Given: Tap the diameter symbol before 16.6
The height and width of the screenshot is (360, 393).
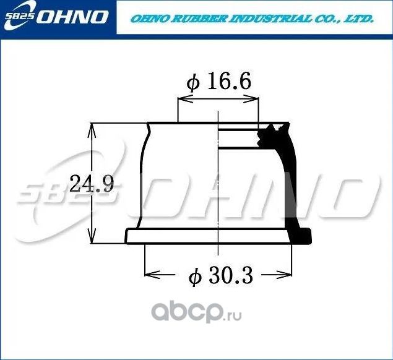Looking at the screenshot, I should coord(194,83).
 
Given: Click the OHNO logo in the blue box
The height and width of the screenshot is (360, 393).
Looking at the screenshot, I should coord(73,16).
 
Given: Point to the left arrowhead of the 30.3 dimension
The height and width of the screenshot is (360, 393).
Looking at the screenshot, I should coord(149,272).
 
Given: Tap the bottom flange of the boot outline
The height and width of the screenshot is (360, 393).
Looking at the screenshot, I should coord(210,237).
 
